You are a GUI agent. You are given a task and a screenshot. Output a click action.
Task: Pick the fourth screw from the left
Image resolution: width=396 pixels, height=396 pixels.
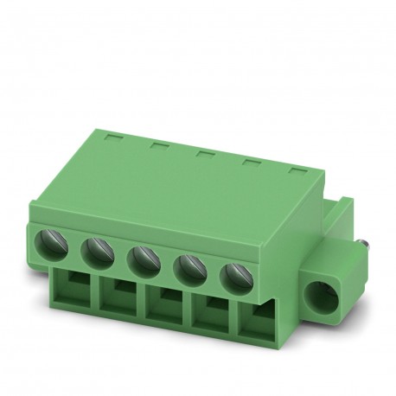point(188,266)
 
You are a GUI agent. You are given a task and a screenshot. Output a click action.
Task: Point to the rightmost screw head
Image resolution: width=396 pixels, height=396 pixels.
point(233,277)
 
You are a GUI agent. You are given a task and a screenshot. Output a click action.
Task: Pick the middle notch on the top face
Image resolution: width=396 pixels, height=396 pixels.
point(205,153)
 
